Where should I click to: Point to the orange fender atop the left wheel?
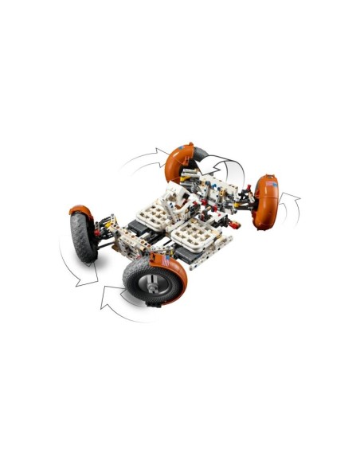coord(79,211)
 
